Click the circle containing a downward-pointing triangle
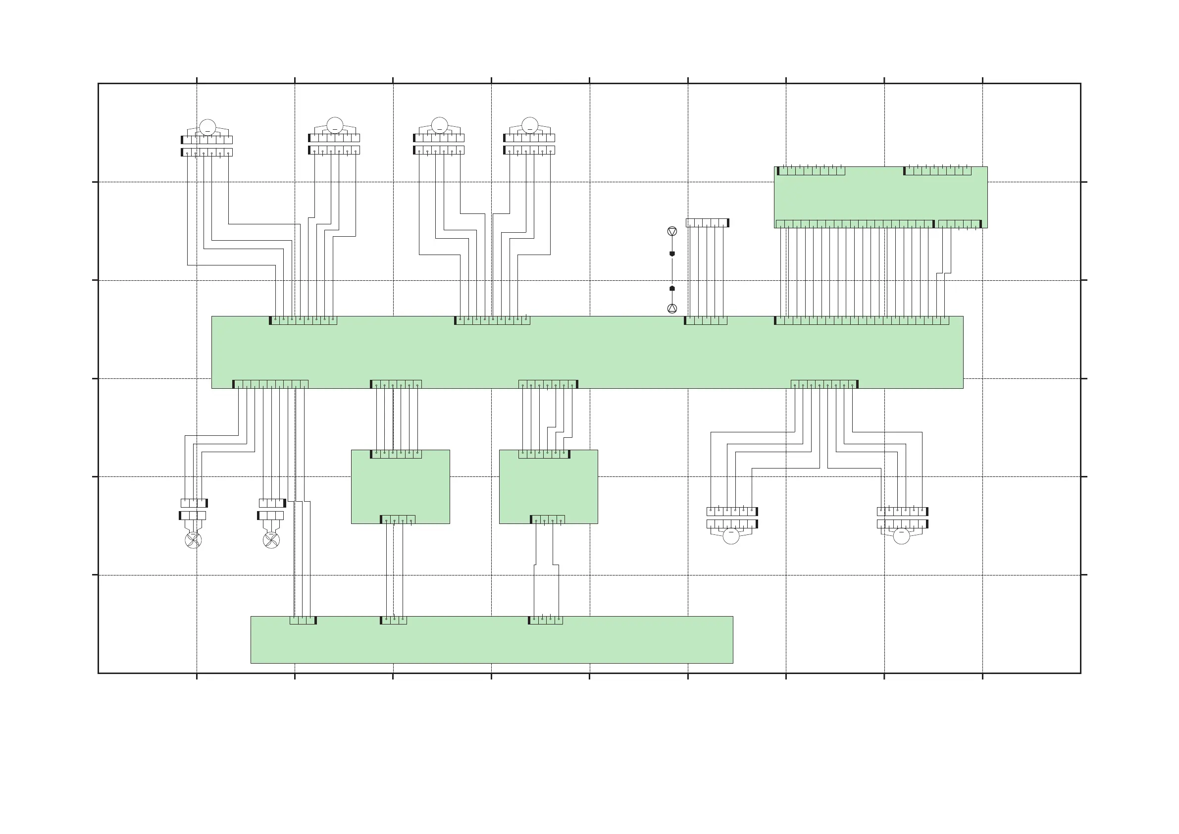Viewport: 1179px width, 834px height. (671, 232)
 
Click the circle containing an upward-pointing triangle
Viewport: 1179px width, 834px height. (671, 308)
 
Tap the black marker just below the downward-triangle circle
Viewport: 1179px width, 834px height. (671, 254)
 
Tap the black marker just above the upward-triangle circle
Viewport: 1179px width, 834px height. (671, 289)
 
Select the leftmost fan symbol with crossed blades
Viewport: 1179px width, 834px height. (193, 540)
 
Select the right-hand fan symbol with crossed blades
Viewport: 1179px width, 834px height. (271, 540)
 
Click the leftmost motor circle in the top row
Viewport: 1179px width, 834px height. (207, 127)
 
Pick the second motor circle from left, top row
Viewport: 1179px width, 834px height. (335, 125)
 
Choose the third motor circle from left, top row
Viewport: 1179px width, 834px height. (440, 125)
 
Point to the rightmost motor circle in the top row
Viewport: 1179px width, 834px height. (529, 125)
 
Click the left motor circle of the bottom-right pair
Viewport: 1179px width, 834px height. (731, 536)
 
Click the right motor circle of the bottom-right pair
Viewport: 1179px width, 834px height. (901, 536)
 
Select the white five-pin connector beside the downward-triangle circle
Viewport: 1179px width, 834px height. (707, 223)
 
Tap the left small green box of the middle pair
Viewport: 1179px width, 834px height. (401, 487)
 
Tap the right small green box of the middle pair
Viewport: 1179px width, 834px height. (549, 487)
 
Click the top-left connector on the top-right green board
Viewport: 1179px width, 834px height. (811, 171)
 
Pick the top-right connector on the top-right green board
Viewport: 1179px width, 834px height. (937, 171)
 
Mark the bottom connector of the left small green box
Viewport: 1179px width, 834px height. (398, 520)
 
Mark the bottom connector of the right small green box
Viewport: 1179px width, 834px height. (547, 520)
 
